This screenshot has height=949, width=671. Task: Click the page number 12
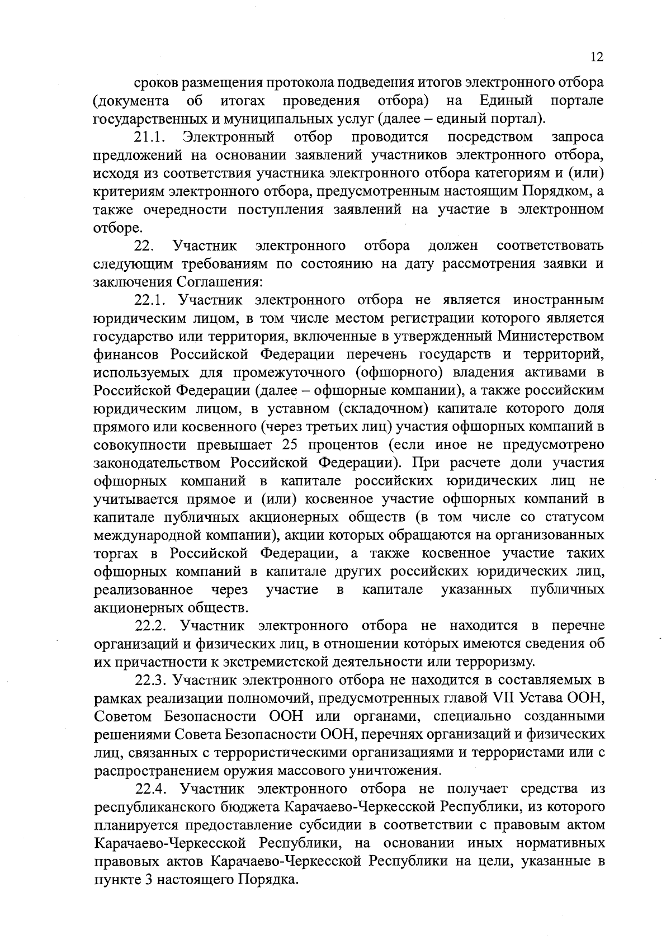[596, 57]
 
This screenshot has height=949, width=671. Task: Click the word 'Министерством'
[551, 337]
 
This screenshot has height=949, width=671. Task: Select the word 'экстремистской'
[279, 662]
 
